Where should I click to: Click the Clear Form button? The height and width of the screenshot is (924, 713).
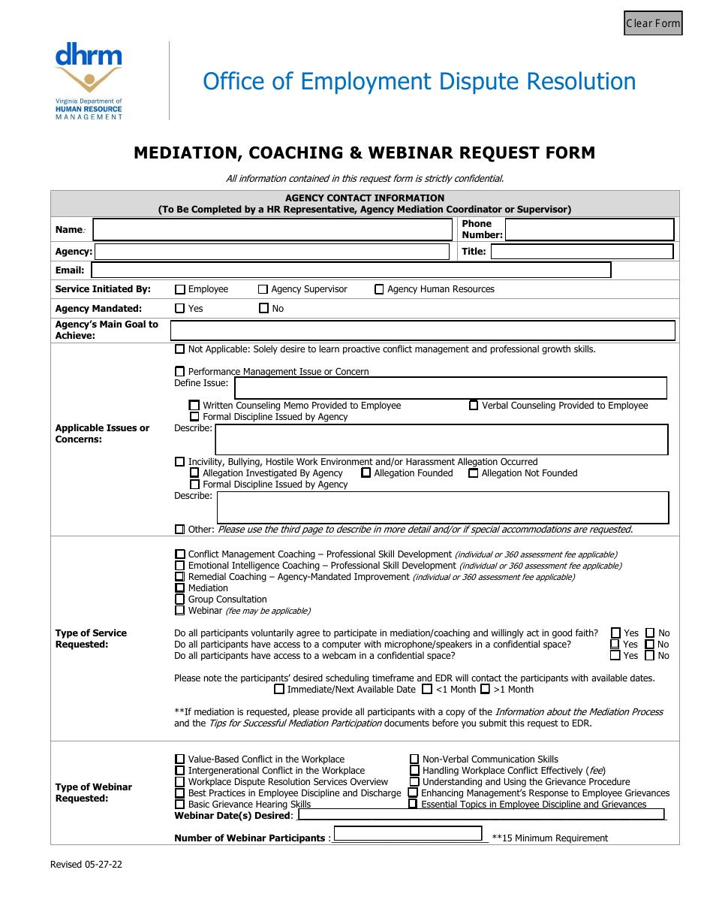[653, 23]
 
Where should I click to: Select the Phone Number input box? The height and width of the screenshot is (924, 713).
[589, 229]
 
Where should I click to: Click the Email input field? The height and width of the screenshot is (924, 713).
[350, 270]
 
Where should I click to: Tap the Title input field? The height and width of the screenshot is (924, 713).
[582, 252]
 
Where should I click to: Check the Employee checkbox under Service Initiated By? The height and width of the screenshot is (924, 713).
[180, 289]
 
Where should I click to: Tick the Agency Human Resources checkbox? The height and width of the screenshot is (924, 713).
[379, 289]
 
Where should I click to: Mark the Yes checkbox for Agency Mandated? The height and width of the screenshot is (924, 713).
[180, 308]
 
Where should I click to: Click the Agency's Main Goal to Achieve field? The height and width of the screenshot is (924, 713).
[423, 331]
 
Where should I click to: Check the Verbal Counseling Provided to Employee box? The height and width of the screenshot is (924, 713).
[474, 406]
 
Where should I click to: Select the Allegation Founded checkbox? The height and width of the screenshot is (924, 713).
[366, 473]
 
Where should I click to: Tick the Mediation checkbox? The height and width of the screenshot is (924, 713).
[180, 588]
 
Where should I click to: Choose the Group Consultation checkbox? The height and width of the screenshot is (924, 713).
[180, 599]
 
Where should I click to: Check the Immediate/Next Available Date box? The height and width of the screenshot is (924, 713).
[279, 690]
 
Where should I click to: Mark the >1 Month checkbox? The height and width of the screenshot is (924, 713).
[485, 690]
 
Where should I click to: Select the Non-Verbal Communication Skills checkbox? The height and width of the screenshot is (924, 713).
[414, 759]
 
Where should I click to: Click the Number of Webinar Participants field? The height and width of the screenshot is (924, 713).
[408, 834]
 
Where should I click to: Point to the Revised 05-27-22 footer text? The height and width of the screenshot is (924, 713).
[86, 865]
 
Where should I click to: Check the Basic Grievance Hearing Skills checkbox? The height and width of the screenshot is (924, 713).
[180, 805]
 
